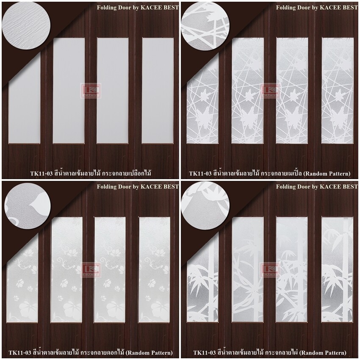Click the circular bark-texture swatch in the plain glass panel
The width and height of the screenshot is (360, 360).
coord(26,25)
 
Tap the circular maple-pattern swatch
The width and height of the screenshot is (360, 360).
coord(205,26)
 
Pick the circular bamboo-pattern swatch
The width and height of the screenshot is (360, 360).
coord(205,205)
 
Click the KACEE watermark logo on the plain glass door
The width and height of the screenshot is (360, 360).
coord(91,91)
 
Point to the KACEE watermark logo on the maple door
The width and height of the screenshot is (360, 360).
coord(270,91)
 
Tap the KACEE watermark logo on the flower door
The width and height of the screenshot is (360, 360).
coord(91,270)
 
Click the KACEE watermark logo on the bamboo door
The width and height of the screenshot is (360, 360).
coord(270,270)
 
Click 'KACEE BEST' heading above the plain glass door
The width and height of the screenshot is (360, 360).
coord(160,8)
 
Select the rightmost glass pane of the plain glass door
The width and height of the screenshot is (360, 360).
coord(158,91)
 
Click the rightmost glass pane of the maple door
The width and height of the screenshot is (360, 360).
coord(337,91)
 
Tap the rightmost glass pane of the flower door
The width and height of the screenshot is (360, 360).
coord(155,270)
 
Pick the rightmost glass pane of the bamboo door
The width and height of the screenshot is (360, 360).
coord(337,269)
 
